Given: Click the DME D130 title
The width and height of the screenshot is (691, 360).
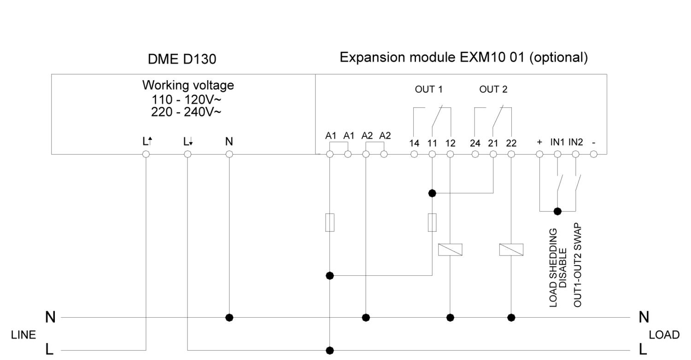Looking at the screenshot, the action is pos(182,59).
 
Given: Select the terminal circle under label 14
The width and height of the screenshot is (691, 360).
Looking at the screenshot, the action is pos(414,154).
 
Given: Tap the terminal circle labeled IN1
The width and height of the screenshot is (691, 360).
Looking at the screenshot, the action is pos(557,154).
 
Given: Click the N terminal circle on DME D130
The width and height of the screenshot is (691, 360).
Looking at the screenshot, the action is pos(229,154).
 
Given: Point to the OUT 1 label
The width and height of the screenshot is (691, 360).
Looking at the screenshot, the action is pos(428,89).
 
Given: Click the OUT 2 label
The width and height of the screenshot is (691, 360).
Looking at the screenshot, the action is pos(493,89).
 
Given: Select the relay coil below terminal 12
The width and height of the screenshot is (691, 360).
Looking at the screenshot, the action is pos(450,250).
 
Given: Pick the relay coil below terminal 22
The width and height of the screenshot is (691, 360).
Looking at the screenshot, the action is pos(511,250).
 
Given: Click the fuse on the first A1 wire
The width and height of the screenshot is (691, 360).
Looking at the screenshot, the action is pos(330,222).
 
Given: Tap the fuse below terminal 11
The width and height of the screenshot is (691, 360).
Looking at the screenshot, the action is pos(432,222).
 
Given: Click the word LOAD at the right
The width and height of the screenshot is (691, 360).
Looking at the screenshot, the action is pos(664,335).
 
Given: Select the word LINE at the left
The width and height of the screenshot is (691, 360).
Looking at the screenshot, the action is pos(23,335).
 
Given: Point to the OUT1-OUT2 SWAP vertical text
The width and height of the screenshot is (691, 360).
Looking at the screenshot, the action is pos(577,265).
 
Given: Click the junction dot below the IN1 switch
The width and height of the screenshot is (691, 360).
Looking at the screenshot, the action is pos(557,211).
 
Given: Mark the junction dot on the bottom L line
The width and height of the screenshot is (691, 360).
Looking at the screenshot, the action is pos(330,350).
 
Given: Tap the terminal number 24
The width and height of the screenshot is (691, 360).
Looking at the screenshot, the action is pos(475,143).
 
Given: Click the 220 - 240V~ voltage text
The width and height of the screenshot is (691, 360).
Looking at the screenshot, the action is pos(186,112).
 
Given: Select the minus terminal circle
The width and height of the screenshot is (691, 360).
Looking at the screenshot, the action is pos(593,154).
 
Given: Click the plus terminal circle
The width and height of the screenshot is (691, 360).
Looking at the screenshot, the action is pos(539,154).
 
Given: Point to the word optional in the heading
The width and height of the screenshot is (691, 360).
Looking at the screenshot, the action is pos(558,58).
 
